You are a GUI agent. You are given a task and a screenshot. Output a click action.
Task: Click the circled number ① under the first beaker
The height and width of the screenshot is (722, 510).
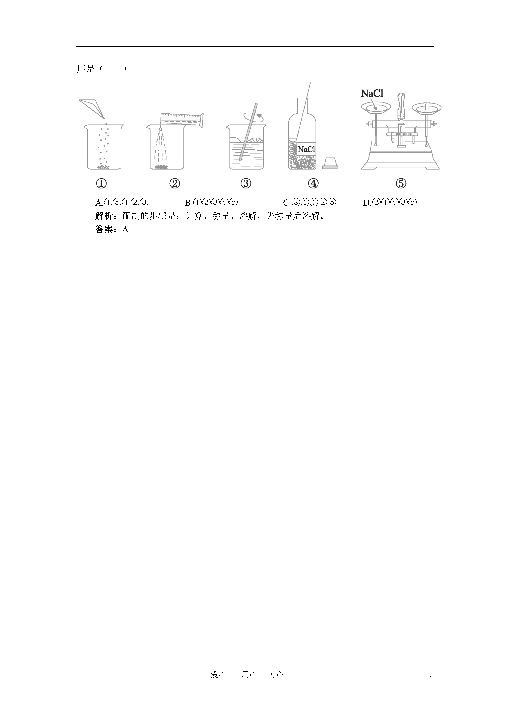tap(101, 183)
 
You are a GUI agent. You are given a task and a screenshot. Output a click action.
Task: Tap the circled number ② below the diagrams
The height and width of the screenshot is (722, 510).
tap(174, 183)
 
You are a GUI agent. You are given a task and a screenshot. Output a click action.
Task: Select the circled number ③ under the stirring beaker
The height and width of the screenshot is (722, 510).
tap(246, 183)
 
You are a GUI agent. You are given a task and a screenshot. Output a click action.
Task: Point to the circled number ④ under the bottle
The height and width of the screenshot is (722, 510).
tap(313, 183)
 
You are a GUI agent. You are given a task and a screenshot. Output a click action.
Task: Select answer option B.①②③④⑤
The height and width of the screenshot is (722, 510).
tap(211, 203)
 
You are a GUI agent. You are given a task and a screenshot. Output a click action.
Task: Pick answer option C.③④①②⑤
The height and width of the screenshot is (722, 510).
tap(309, 203)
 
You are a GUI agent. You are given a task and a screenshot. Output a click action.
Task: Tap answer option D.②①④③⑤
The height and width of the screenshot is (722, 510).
tap(390, 203)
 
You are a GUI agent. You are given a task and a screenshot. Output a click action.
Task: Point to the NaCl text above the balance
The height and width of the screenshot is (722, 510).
tap(372, 93)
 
